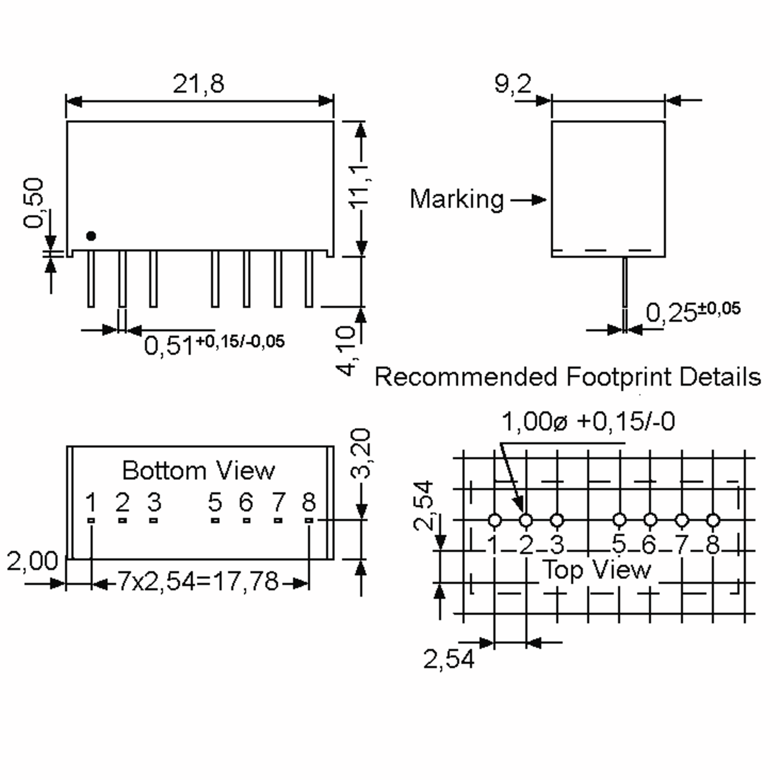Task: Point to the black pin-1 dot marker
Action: tap(91, 236)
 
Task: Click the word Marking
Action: tap(457, 200)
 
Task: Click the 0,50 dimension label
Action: tap(33, 203)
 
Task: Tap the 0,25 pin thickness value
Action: tap(671, 312)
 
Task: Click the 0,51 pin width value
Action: tap(169, 345)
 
